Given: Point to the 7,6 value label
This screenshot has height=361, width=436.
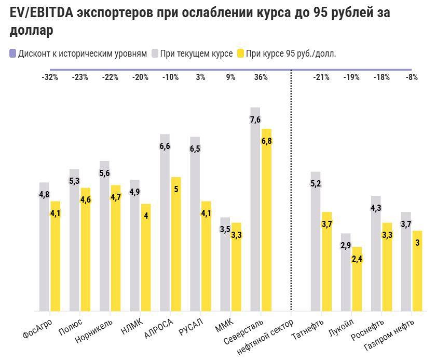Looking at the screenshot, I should coord(255,120).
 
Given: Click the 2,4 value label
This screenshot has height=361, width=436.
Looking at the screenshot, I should coord(357,258).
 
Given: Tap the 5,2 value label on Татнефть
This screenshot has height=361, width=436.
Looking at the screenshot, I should coord(316,183).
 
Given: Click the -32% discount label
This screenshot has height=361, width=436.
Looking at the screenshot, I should coord(50,77).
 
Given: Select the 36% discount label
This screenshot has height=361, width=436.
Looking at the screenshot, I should coord(261,77).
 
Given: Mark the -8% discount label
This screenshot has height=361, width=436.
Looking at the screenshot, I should coord(412,77).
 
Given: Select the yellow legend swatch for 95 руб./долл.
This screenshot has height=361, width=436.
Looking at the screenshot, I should coord(240,54).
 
